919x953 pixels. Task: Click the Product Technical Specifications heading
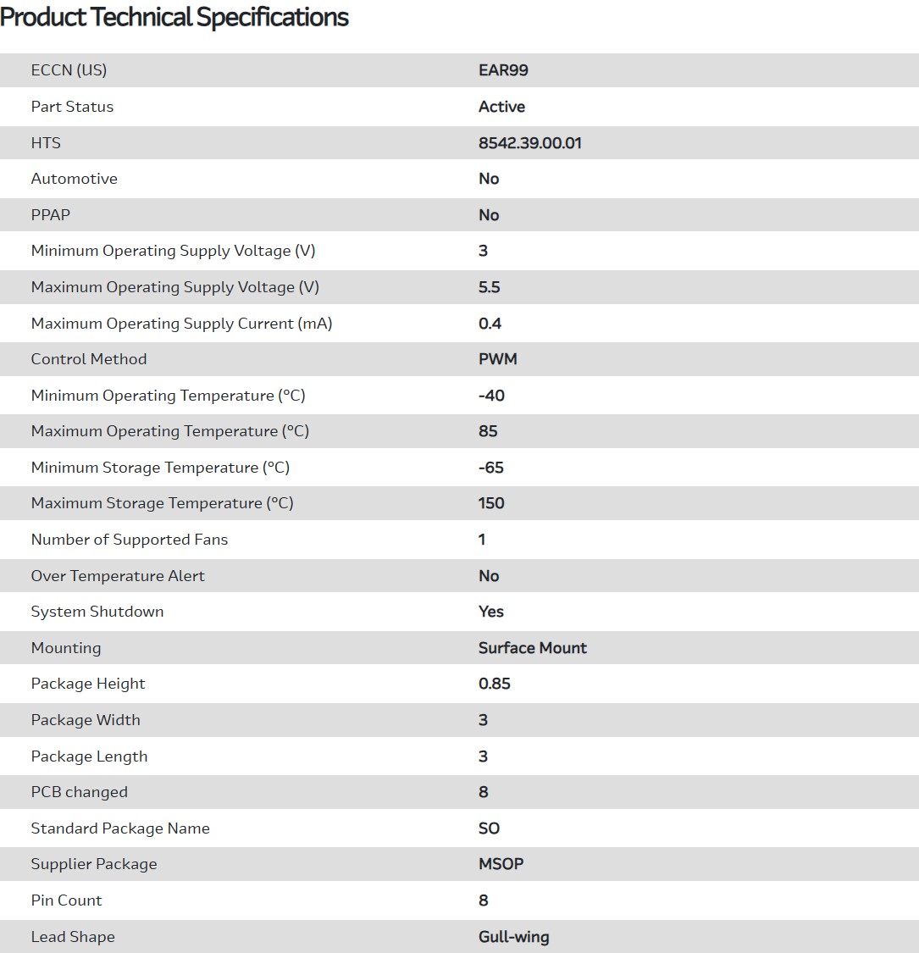pyautogui.click(x=174, y=17)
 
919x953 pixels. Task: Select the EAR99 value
pyautogui.click(x=503, y=70)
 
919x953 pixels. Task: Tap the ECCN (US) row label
pyautogui.click(x=69, y=70)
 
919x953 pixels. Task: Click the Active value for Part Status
pyautogui.click(x=501, y=107)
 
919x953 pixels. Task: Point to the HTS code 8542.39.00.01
pyautogui.click(x=530, y=143)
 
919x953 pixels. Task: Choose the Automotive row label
pyautogui.click(x=74, y=179)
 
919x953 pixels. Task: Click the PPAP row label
pyautogui.click(x=50, y=215)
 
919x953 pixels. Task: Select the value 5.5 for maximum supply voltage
pyautogui.click(x=489, y=287)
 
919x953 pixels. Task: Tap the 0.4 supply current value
pyautogui.click(x=490, y=324)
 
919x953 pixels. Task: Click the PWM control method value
pyautogui.click(x=497, y=359)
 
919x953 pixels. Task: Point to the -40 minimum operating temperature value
pyautogui.click(x=491, y=396)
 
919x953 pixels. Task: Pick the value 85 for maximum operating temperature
pyautogui.click(x=488, y=431)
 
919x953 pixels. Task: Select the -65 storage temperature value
pyautogui.click(x=491, y=468)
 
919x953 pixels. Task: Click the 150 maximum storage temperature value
pyautogui.click(x=491, y=503)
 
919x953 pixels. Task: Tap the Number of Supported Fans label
pyautogui.click(x=129, y=540)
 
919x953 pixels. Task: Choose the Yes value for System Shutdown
pyautogui.click(x=490, y=612)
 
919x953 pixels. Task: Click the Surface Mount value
pyautogui.click(x=532, y=648)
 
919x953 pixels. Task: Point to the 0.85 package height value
pyautogui.click(x=494, y=684)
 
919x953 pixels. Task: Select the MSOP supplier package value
pyautogui.click(x=501, y=864)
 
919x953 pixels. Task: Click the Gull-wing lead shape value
pyautogui.click(x=513, y=937)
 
